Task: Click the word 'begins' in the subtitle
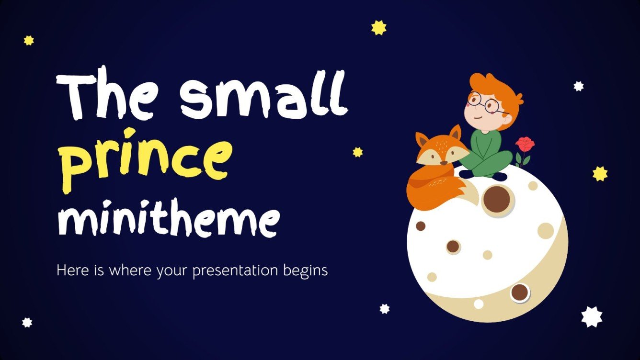tap(307, 271)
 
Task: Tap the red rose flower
tap(525, 144)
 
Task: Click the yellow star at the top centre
tap(379, 27)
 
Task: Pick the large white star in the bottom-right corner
tap(592, 316)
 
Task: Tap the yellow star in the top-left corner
tap(29, 41)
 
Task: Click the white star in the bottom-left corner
tap(27, 322)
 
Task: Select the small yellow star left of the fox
tap(357, 152)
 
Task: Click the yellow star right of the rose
tap(600, 173)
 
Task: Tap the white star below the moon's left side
tap(385, 309)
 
